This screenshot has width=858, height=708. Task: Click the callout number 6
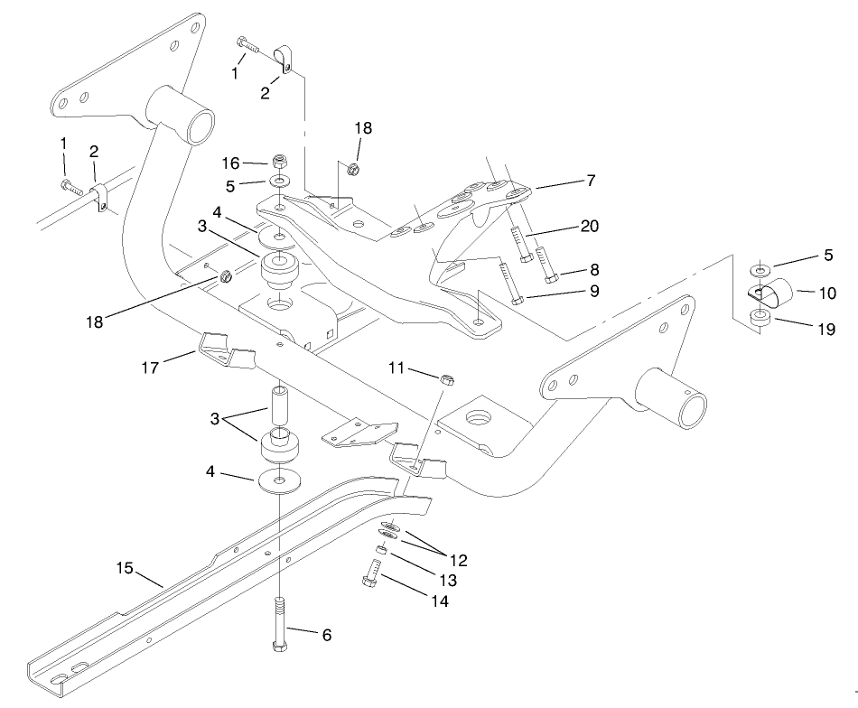[326, 636]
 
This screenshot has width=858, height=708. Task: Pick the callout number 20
[589, 226]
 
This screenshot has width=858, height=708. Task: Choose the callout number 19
[825, 330]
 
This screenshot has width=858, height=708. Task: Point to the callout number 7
[590, 181]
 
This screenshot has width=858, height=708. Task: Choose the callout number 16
[232, 163]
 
